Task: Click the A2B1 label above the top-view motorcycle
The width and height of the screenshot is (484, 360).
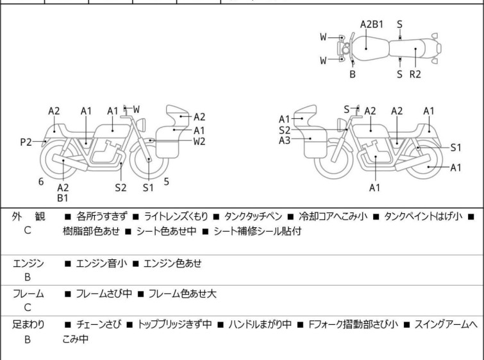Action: coord(371,25)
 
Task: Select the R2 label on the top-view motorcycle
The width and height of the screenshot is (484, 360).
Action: coord(415,74)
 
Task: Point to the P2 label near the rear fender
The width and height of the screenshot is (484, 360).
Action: coord(26,142)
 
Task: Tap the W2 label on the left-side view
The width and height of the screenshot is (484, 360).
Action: coord(199,142)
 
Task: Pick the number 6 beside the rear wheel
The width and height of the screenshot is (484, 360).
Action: coord(41,182)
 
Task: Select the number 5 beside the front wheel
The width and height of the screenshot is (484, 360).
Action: coord(167,182)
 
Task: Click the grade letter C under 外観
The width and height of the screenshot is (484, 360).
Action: coord(28,230)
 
